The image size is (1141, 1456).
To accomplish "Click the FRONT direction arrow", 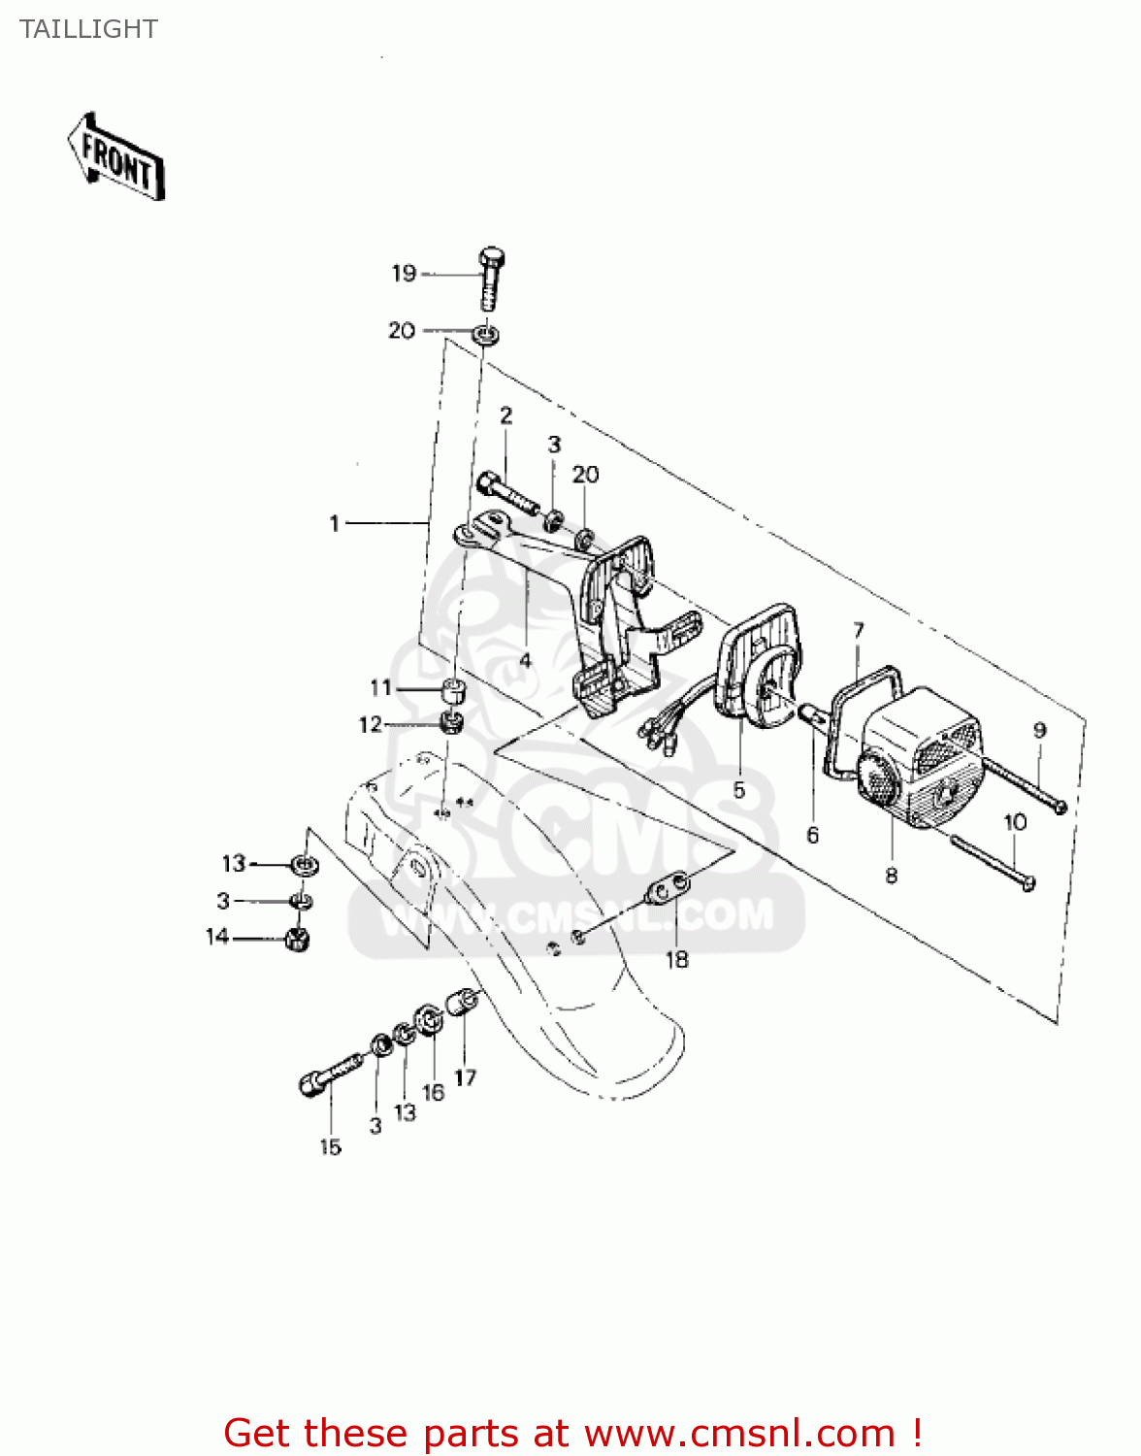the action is point(115,157).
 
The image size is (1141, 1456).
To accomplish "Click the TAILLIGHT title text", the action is point(88,29).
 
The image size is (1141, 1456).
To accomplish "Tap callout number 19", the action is point(404,274).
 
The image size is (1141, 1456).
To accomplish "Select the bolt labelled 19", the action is point(492,279).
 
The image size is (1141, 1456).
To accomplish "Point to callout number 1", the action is point(335,523).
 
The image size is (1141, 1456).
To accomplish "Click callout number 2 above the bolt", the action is point(506,415).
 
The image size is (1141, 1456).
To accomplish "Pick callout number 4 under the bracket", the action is point(525,661).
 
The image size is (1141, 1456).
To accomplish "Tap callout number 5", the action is point(739,790).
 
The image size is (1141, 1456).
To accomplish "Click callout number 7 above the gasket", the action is point(859,631).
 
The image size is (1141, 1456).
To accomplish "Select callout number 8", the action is point(892,876).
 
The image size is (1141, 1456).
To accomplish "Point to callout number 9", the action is point(1040,730).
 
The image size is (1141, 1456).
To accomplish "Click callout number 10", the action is point(1015,822).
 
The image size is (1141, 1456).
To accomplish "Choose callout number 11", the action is point(381,687).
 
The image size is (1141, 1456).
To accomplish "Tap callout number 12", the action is point(371,724).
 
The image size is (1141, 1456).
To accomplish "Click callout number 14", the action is point(217,936).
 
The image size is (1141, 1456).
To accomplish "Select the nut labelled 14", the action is point(297,939).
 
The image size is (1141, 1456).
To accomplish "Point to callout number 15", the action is point(331,1147).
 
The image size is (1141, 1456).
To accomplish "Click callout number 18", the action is point(677,960).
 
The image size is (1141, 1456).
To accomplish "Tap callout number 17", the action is point(466,1077).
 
